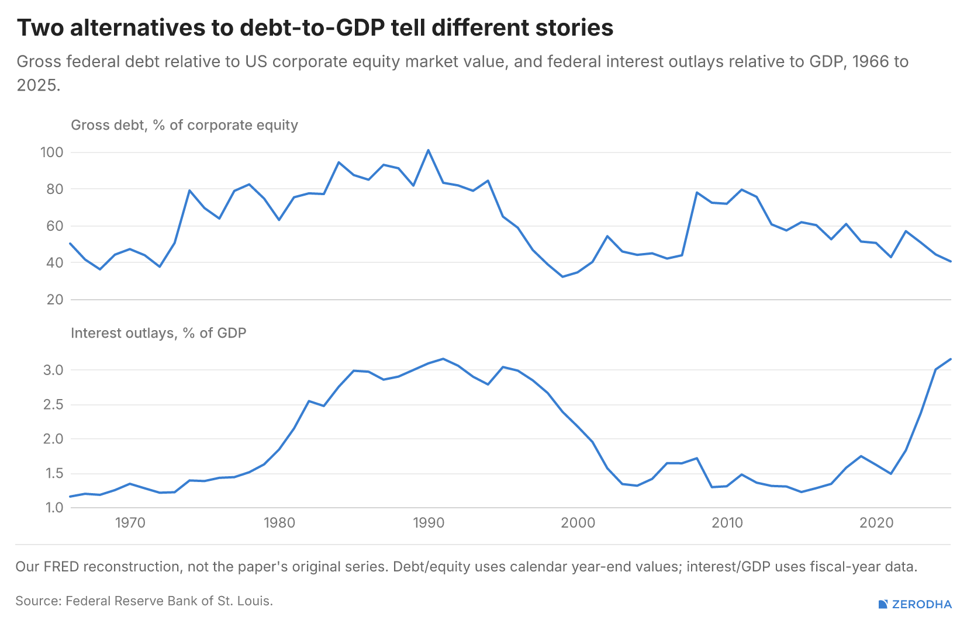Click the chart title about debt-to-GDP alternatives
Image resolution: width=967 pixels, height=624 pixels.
[315, 27]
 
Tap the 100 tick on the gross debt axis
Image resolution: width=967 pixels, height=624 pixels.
[52, 152]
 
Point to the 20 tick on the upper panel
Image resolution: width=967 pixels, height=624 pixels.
[55, 300]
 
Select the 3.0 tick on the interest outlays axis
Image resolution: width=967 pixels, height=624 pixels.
[53, 370]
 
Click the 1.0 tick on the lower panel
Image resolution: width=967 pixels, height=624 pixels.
[53, 508]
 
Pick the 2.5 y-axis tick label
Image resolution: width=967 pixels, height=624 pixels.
[53, 405]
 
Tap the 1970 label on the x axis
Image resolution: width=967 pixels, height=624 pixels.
[130, 523]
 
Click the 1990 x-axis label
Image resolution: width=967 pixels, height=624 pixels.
[428, 523]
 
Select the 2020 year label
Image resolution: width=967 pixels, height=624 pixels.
[876, 523]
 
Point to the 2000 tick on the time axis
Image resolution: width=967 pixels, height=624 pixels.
[578, 523]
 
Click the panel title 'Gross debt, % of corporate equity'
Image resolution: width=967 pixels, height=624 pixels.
[184, 125]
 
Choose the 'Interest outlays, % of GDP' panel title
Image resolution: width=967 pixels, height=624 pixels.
[158, 333]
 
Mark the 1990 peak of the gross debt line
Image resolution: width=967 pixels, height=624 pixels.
[428, 150]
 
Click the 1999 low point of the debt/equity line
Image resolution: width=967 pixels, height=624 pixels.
[562, 276]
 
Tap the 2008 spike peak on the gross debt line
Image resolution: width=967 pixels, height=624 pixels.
[697, 192]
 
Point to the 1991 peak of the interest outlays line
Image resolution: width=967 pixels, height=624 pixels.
[443, 359]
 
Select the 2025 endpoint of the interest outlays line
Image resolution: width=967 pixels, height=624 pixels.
[951, 359]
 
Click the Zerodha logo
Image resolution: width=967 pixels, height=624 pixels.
[915, 604]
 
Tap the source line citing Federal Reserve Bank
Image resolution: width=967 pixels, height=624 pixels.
[144, 601]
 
